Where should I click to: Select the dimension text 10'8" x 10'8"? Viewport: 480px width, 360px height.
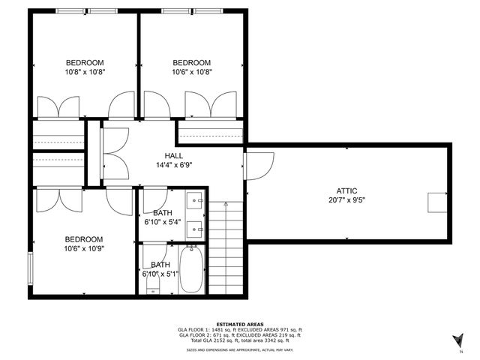pyautogui.click(x=85, y=72)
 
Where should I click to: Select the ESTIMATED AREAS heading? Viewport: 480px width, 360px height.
pyautogui.click(x=240, y=324)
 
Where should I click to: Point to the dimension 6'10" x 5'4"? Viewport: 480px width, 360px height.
pyautogui.click(x=160, y=222)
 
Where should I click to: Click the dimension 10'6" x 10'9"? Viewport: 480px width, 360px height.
pyautogui.click(x=83, y=248)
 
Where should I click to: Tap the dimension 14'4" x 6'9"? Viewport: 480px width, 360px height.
pyautogui.click(x=174, y=165)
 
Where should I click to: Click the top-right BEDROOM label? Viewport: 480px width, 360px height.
pyautogui.click(x=191, y=62)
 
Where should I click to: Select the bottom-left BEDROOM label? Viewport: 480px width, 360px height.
pyautogui.click(x=83, y=238)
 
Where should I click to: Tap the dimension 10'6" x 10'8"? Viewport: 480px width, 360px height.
pyautogui.click(x=191, y=72)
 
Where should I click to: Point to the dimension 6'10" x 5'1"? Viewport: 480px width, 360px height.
pyautogui.click(x=160, y=274)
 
